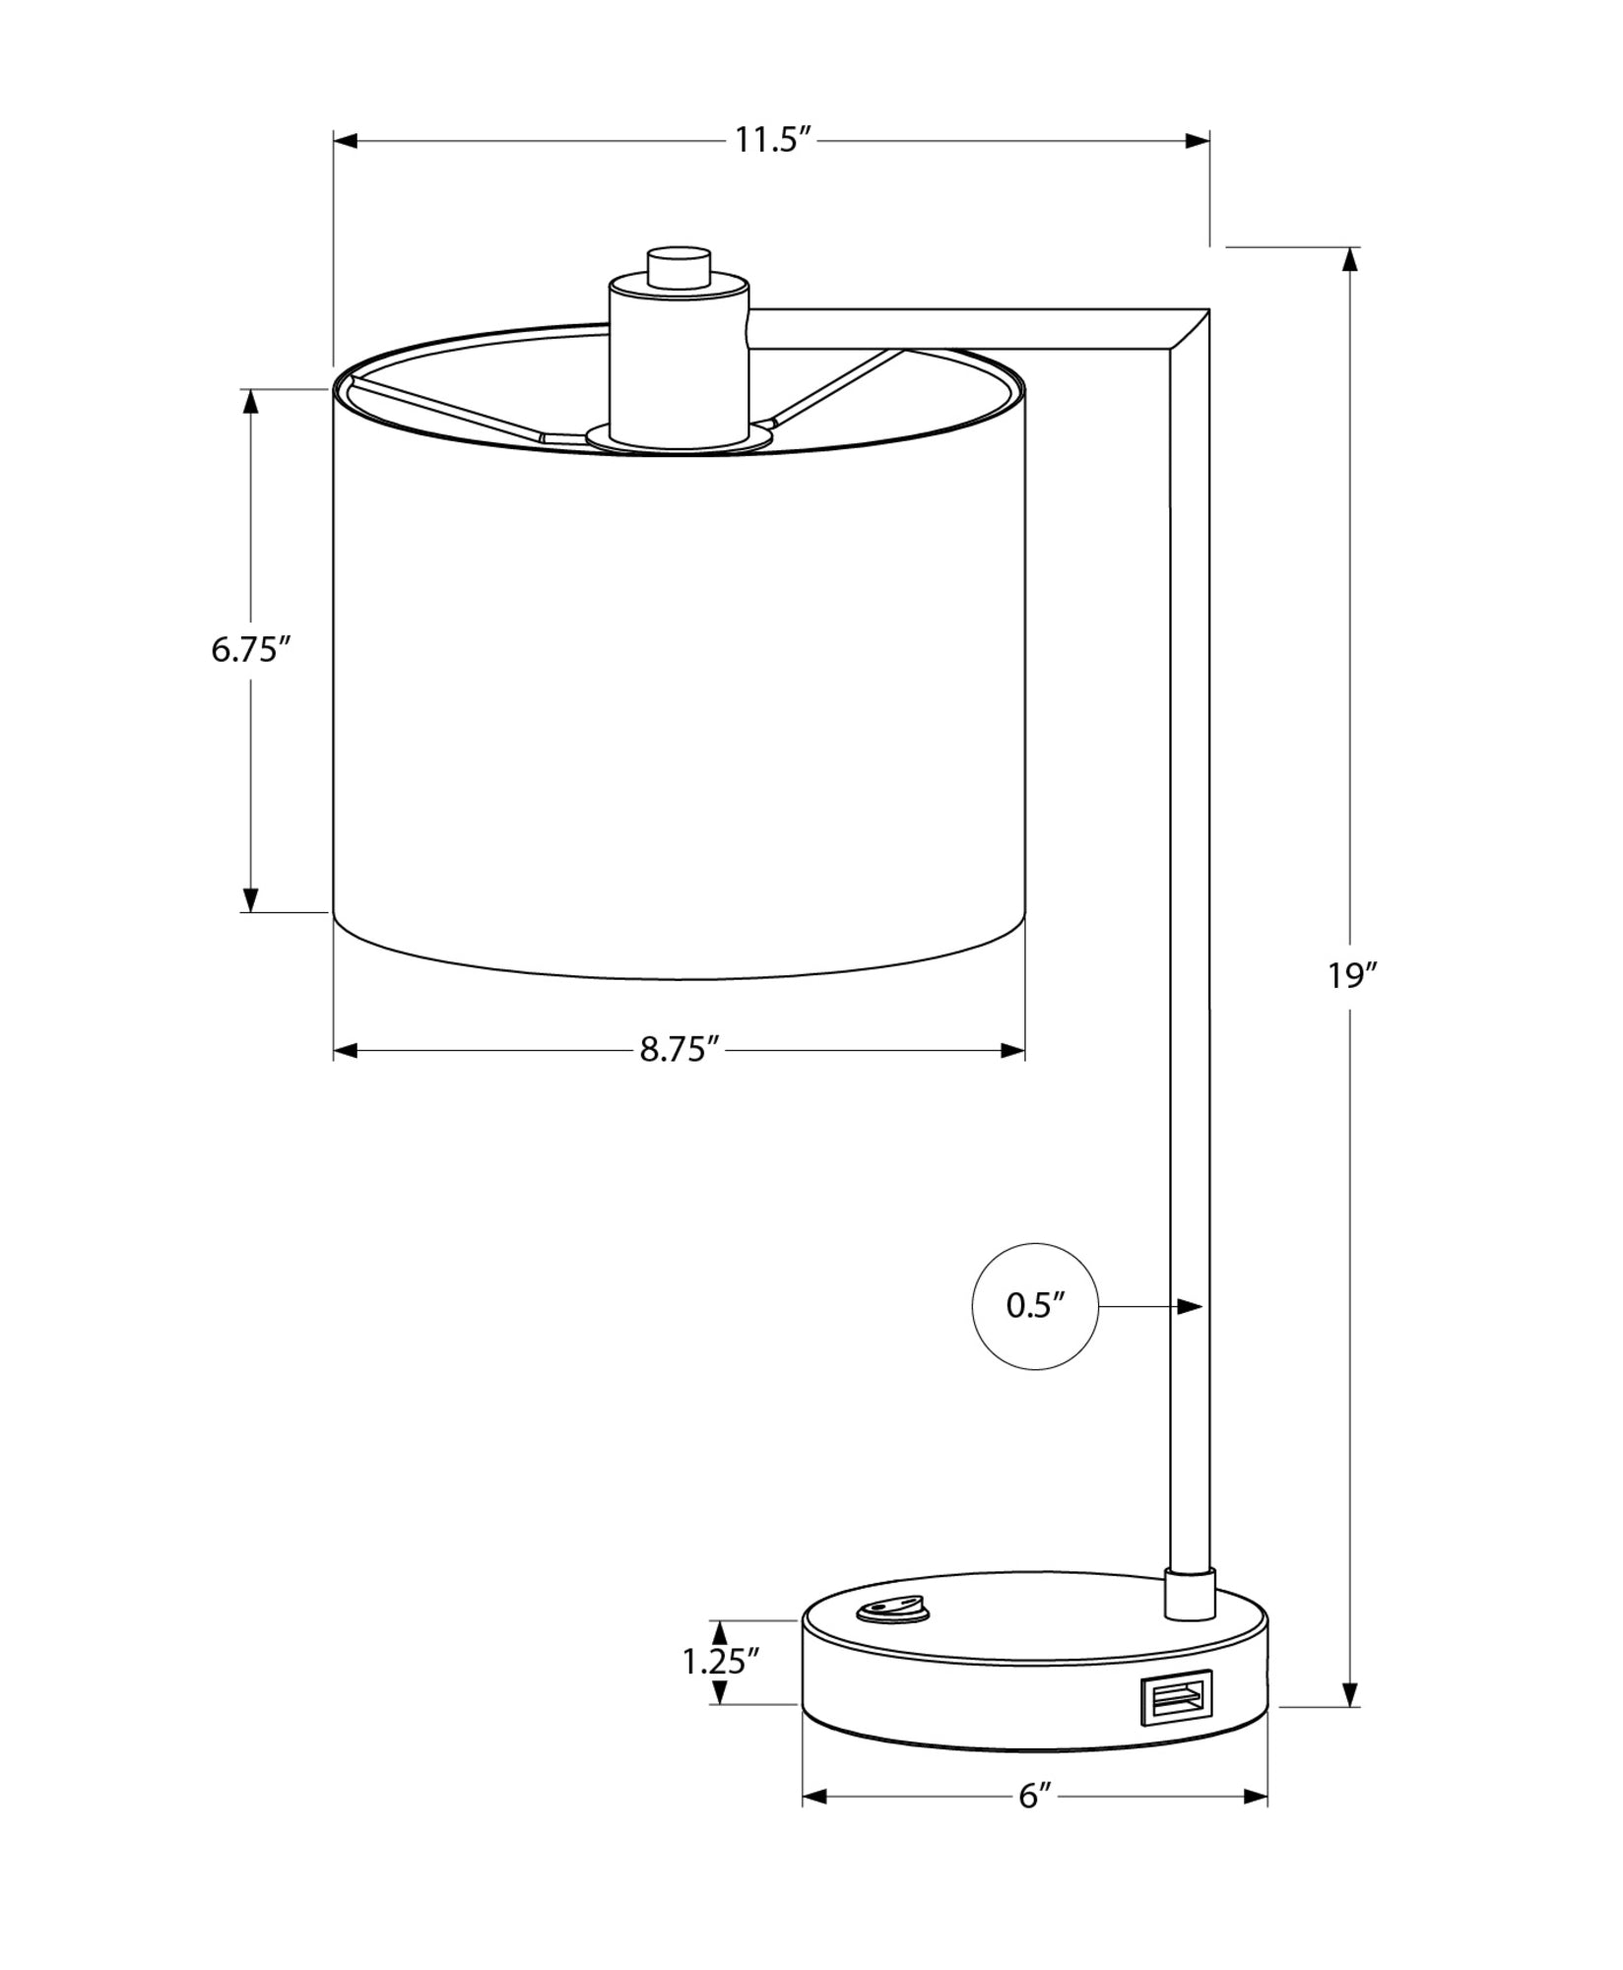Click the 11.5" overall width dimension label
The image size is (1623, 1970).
772,141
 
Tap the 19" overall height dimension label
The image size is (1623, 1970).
1350,975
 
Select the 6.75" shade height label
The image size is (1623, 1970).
251,650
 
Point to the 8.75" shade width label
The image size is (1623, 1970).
682,1051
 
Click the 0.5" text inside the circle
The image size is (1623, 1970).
1035,1306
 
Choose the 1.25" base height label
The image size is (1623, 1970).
721,1662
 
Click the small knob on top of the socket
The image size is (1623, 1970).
679,268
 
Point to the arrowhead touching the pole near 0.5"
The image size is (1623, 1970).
1192,1307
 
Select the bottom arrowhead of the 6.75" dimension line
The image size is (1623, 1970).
251,898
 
